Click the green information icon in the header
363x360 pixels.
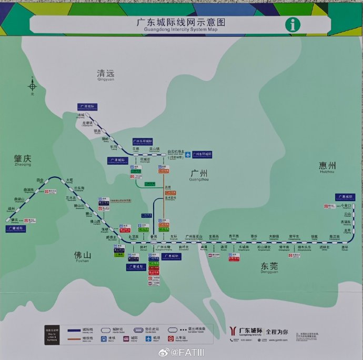(x=293, y=24)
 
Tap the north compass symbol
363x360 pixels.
(x=33, y=85)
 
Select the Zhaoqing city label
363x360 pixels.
(x=23, y=158)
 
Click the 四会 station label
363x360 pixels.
(x=40, y=180)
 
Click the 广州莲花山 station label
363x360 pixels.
(x=194, y=236)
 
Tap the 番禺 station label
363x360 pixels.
(x=154, y=236)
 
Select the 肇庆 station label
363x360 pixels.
(x=15, y=219)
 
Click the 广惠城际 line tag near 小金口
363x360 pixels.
(x=346, y=196)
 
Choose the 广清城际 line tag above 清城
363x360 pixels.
(x=86, y=106)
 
